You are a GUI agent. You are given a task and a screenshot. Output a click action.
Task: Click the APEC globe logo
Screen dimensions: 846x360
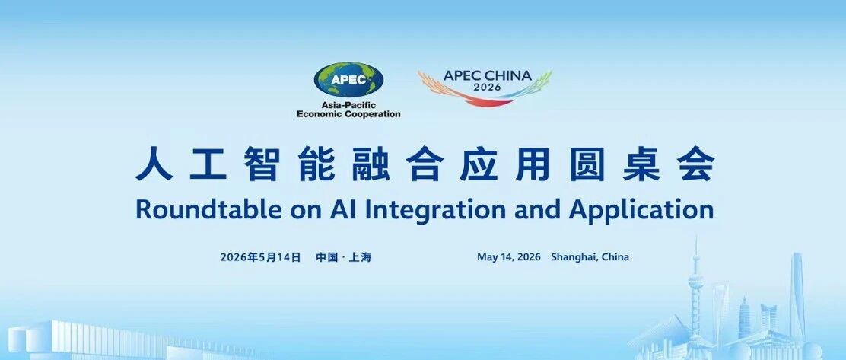pyautogui.click(x=348, y=79)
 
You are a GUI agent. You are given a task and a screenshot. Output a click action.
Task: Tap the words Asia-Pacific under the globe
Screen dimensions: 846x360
pyautogui.click(x=348, y=105)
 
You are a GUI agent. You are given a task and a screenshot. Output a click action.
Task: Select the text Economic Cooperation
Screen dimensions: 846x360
pyautogui.click(x=348, y=114)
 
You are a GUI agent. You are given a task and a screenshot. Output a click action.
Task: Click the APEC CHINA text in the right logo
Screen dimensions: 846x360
pyautogui.click(x=487, y=75)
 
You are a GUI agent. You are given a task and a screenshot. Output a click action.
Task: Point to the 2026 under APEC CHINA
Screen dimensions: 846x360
pyautogui.click(x=487, y=87)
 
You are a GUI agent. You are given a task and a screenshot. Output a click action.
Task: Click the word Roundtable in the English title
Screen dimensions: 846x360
pyautogui.click(x=208, y=209)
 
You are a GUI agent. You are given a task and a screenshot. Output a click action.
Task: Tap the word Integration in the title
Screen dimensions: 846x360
pyautogui.click(x=436, y=211)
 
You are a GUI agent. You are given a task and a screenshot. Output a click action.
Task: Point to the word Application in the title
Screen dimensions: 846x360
pyautogui.click(x=641, y=211)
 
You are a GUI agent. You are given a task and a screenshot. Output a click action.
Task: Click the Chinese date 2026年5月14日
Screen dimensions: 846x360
pyautogui.click(x=260, y=257)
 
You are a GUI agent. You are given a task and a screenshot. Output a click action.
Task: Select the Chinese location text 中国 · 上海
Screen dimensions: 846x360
pyautogui.click(x=344, y=257)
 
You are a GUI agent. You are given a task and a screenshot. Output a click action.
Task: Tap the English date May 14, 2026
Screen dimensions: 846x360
pyautogui.click(x=509, y=257)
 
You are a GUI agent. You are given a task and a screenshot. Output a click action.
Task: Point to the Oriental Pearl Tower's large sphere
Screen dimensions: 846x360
pyautogui.click(x=696, y=281)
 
